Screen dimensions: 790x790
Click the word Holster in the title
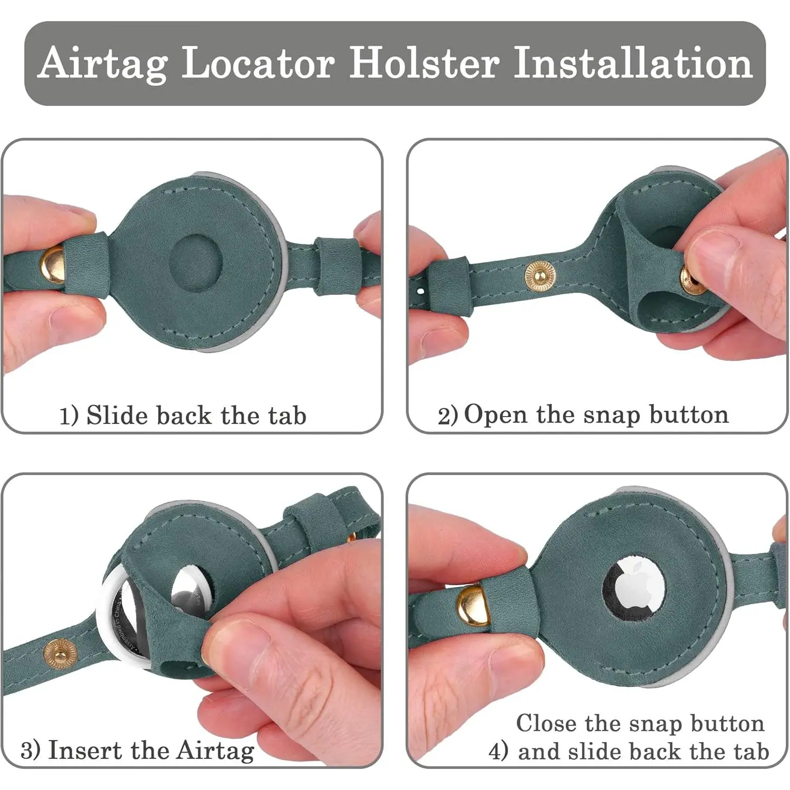(424, 63)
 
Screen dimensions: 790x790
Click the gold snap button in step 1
(53, 264)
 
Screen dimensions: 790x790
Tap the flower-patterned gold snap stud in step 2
(539, 275)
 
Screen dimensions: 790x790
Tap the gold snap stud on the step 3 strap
(60, 654)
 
